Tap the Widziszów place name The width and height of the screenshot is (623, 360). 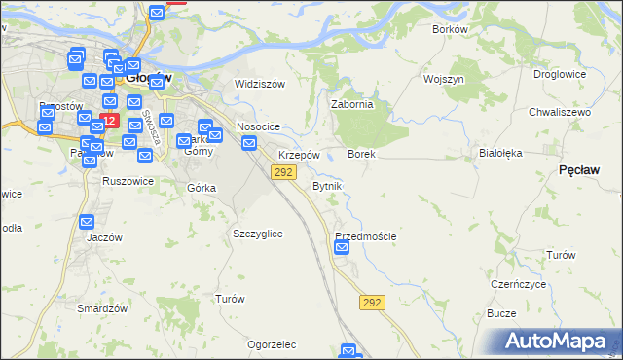pyautogui.click(x=260, y=84)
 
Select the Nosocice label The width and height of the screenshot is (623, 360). pyautogui.click(x=258, y=127)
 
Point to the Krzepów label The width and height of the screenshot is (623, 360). pyautogui.click(x=299, y=156)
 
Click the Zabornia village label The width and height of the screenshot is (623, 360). pyautogui.click(x=352, y=105)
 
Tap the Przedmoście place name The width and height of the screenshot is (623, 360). pyautogui.click(x=365, y=236)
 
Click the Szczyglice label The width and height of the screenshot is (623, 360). pyautogui.click(x=258, y=234)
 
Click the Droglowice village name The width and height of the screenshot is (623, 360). pyautogui.click(x=560, y=74)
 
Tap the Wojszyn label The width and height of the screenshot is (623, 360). pyautogui.click(x=443, y=79)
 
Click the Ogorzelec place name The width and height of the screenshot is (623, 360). pyautogui.click(x=272, y=344)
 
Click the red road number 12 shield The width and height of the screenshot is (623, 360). pyautogui.click(x=109, y=122)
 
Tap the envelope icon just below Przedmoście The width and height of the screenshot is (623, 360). pyautogui.click(x=342, y=249)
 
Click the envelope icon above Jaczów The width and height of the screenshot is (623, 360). pyautogui.click(x=87, y=221)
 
